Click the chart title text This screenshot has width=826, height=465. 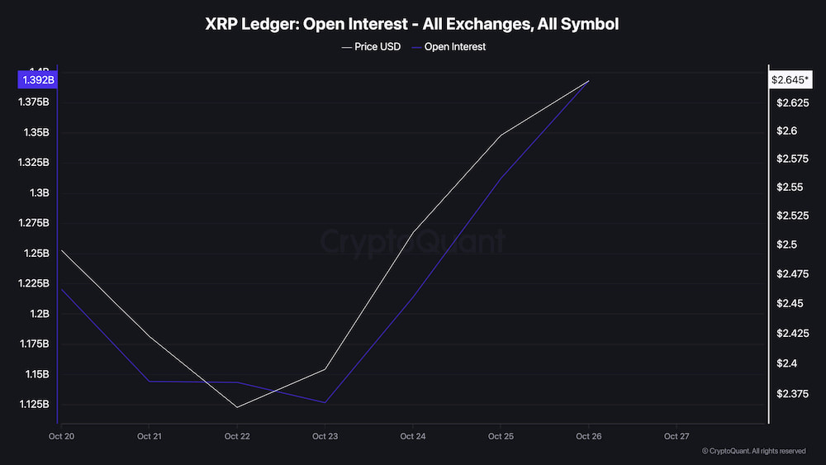click(x=412, y=24)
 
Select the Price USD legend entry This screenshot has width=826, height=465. click(x=371, y=47)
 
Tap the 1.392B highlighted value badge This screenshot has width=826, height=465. click(x=36, y=80)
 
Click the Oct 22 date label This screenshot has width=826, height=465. click(x=237, y=436)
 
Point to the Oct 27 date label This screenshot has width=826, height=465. click(x=676, y=436)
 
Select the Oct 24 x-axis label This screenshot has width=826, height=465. click(x=412, y=436)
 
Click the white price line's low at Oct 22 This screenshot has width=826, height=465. click(x=237, y=407)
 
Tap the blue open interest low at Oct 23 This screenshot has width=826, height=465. click(x=325, y=403)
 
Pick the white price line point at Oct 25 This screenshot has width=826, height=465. click(x=501, y=135)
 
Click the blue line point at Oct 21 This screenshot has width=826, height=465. click(x=150, y=382)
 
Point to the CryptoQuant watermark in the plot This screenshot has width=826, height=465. click(x=412, y=242)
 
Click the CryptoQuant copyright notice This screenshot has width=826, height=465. click(x=753, y=451)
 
